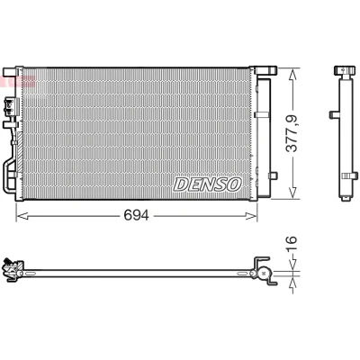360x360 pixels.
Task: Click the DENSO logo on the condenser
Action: [x=208, y=184]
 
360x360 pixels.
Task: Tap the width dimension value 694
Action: [x=137, y=215]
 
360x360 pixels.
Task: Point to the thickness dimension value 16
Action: [x=291, y=244]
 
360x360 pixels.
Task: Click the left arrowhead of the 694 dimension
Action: [x=22, y=216]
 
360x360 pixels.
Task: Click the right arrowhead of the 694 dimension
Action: [x=251, y=216]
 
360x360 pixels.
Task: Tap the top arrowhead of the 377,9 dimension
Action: [x=292, y=75]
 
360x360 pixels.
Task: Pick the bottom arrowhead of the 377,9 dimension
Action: [x=292, y=193]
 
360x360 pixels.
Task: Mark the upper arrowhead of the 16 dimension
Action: [x=292, y=265]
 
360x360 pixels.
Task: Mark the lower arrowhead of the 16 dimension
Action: [x=292, y=283]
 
